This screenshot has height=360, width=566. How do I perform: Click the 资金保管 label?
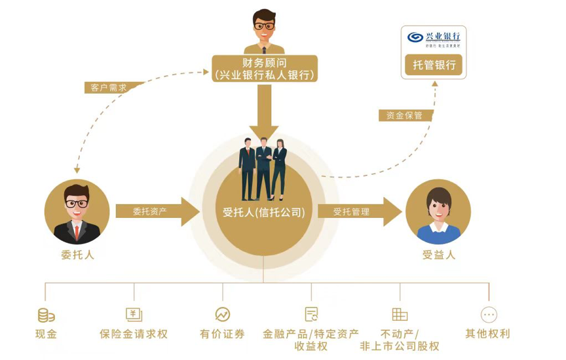coord(400,115)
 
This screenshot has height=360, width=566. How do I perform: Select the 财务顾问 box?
coord(265,69)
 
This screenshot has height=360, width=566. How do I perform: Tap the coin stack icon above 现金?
coord(46,315)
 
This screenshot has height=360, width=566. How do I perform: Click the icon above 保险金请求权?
coord(134,315)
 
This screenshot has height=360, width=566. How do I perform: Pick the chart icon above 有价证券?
coord(223,315)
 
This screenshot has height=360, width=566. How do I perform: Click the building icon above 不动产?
coord(400,315)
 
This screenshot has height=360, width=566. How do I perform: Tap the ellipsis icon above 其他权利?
coord(489,315)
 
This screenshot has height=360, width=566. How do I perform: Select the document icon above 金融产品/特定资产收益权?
coord(311,315)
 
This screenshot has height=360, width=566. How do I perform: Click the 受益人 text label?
coord(438,255)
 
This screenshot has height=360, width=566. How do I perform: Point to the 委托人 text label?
coord(77,255)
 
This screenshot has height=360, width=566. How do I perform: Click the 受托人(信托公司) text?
coord(263,212)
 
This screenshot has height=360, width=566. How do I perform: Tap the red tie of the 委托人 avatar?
coord(77,230)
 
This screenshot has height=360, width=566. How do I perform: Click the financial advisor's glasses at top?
coord(264,26)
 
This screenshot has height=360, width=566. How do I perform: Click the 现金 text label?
coord(46,334)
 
